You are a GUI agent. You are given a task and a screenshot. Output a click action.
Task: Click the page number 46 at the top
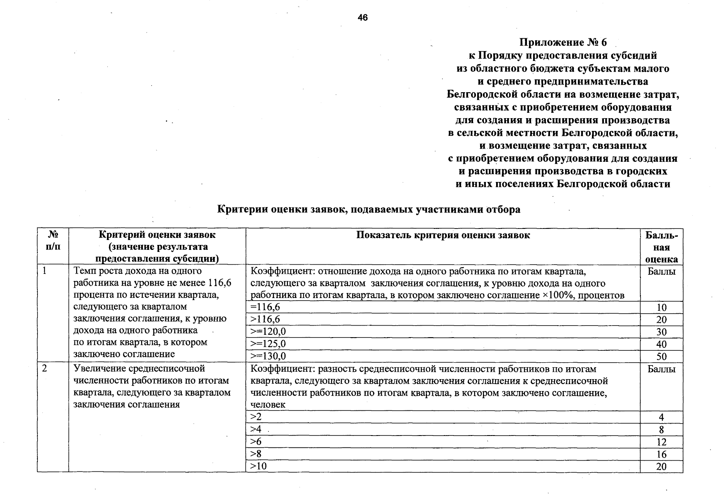(362, 18)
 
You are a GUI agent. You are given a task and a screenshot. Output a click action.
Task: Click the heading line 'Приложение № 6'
(563, 43)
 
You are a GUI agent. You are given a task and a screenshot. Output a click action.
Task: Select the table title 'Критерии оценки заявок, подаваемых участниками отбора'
(369, 210)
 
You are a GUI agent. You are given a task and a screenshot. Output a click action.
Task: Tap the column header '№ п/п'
(53, 241)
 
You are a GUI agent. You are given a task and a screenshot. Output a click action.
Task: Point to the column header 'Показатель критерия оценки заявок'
(443, 235)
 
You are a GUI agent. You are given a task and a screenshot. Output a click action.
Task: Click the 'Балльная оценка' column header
(661, 247)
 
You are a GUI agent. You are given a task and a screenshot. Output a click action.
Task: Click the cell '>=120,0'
(268, 332)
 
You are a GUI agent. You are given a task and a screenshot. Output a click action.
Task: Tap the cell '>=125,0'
(268, 344)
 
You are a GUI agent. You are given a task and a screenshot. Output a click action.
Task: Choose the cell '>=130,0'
(268, 356)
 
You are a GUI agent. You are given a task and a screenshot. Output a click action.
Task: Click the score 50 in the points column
(661, 357)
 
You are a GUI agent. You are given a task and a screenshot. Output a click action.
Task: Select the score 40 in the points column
(661, 344)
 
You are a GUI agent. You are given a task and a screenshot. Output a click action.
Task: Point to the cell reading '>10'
(259, 466)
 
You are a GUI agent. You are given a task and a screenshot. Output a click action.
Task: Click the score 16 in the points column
(661, 454)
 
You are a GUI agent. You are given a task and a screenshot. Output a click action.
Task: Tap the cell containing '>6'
(256, 442)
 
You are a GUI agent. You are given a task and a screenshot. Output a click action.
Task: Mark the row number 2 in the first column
(44, 368)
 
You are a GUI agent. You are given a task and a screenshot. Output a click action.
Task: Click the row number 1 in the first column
(44, 271)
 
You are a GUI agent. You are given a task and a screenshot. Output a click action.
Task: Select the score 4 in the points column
(661, 417)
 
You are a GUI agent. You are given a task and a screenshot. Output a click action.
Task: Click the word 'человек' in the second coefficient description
(268, 405)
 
